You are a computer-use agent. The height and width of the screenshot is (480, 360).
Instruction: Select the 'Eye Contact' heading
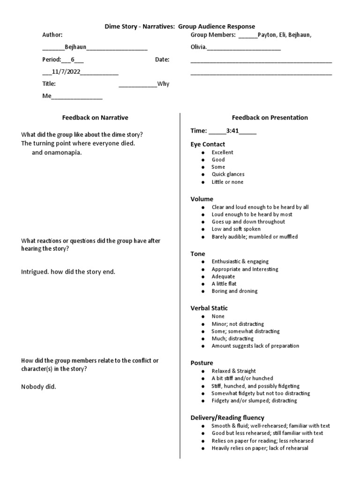coord(208,144)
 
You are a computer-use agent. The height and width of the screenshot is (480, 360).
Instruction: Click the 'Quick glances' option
coord(228,174)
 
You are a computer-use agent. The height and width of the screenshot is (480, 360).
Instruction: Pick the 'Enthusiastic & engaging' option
coord(240,262)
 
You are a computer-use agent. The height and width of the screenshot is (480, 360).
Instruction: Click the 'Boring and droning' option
coord(234,291)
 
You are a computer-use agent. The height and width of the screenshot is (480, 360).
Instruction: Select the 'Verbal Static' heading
coord(209,308)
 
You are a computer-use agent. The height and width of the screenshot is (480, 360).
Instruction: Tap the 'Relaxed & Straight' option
coord(233,371)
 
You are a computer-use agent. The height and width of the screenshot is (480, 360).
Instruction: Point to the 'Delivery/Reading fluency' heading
coord(227,417)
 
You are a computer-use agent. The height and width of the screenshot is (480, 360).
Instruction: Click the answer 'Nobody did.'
coord(38,387)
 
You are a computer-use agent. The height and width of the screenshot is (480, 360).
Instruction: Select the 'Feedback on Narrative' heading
coord(95,118)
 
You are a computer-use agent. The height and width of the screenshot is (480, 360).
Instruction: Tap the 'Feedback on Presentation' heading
coord(270,118)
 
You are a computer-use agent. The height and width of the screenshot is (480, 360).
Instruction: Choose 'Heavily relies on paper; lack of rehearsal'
coord(260,448)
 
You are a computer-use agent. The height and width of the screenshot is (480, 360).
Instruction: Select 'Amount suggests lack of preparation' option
coord(255,346)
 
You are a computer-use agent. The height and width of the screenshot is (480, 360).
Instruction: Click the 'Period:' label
coord(52,60)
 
